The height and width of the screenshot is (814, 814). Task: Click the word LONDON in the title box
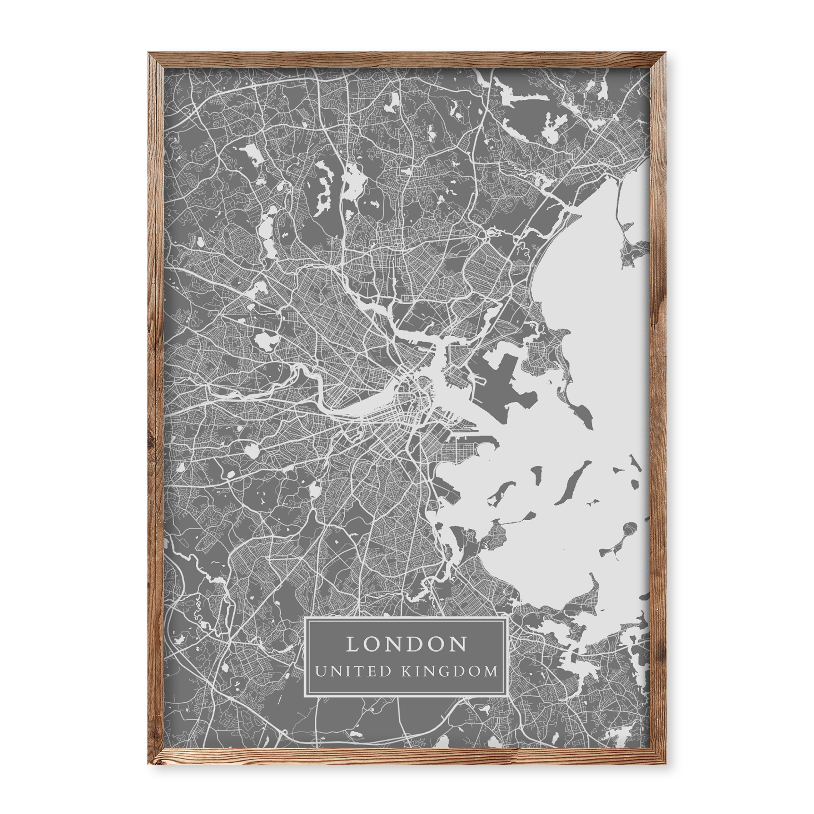pos(407,644)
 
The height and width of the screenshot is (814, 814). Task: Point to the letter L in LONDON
pos(352,644)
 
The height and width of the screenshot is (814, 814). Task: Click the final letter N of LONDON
pos(460,644)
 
